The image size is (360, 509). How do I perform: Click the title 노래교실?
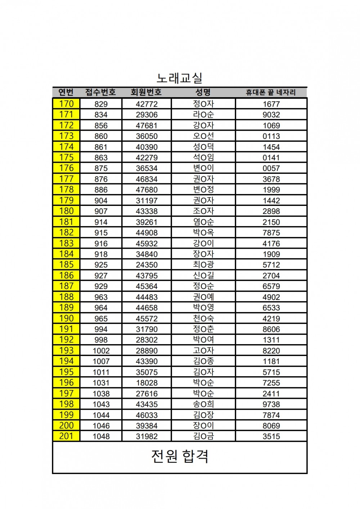pyautogui.click(x=180, y=78)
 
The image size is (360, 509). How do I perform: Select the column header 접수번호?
pyautogui.click(x=100, y=93)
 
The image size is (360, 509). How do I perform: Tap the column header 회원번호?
pyautogui.click(x=146, y=93)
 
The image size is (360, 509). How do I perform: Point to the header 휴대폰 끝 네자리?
pyautogui.click(x=271, y=93)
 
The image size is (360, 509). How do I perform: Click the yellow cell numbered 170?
pyautogui.click(x=66, y=104)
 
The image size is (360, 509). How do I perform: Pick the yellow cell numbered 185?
pyautogui.click(x=66, y=265)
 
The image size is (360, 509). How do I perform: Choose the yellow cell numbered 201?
pyautogui.click(x=66, y=436)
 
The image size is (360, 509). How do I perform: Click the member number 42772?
pyautogui.click(x=147, y=104)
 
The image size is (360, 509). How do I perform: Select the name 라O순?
pyautogui.click(x=203, y=114)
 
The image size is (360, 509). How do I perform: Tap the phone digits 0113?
pyautogui.click(x=271, y=136)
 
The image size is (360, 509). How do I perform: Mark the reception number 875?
pyautogui.click(x=101, y=168)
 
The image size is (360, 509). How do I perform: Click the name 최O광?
pyautogui.click(x=203, y=265)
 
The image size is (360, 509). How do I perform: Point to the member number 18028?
pyautogui.click(x=147, y=383)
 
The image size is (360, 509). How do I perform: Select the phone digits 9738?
pyautogui.click(x=271, y=404)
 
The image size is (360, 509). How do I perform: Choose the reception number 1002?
pyautogui.click(x=101, y=351)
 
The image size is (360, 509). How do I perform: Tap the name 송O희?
pyautogui.click(x=203, y=404)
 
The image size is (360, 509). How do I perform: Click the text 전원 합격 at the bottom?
pyautogui.click(x=180, y=456)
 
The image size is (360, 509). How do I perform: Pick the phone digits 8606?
pyautogui.click(x=271, y=329)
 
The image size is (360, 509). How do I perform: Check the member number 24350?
pyautogui.click(x=147, y=265)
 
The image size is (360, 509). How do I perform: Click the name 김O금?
pyautogui.click(x=203, y=436)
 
